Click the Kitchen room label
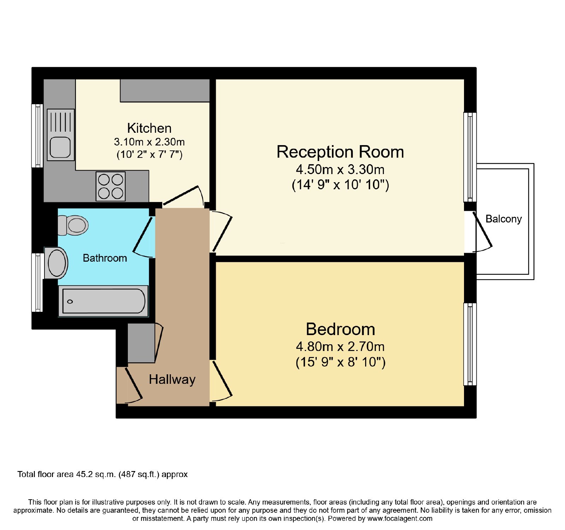pos(149,128)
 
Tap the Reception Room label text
pos(340,152)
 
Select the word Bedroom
pos(340,329)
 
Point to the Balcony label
pos(504,219)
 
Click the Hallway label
pos(172,380)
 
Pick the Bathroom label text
pos(105,258)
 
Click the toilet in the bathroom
pos(73,225)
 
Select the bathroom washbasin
pos(56,263)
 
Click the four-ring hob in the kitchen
pos(111,186)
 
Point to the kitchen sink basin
pos(60,147)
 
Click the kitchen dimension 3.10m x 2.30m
pos(149,142)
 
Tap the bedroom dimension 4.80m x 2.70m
pos(340,347)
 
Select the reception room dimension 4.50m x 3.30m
pos(340,169)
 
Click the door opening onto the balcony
pos(482,231)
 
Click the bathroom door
pos(143,237)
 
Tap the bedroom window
pos(470,344)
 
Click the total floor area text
pos(102,474)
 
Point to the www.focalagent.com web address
pos(400,519)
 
